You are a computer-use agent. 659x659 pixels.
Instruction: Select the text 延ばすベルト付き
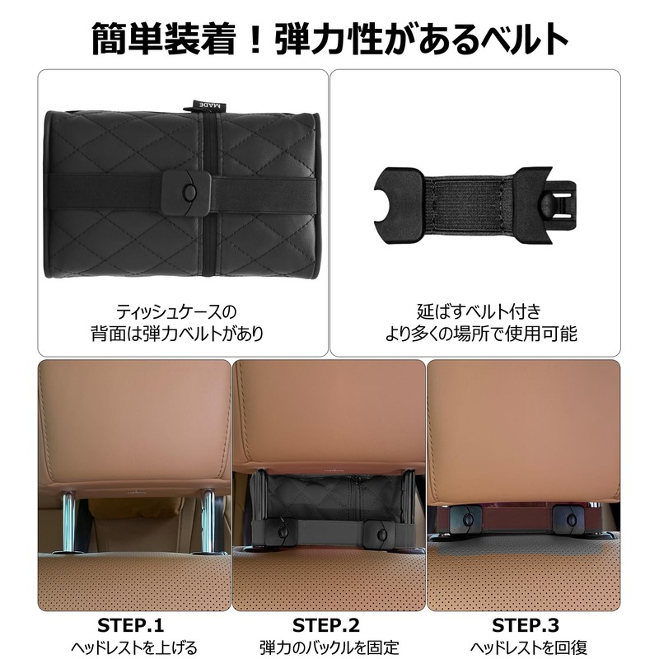(479, 311)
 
